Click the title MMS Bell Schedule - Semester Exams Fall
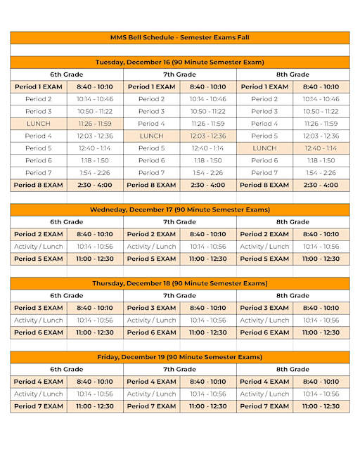point(180,37)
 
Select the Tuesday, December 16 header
point(180,62)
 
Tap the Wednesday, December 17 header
point(180,209)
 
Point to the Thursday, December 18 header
point(180,283)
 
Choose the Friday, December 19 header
point(180,357)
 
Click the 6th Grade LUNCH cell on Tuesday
point(39,124)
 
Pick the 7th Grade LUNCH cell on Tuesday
point(151,136)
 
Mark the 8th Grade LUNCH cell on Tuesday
point(264,148)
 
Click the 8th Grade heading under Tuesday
point(292,75)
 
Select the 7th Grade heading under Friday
point(180,369)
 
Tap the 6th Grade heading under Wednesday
point(67,222)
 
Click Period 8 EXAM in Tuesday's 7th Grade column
point(151,185)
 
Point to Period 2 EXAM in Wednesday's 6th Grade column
point(39,234)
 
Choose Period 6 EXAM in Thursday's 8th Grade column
point(264,332)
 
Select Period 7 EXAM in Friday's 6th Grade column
point(39,406)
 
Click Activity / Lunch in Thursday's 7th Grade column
point(151,321)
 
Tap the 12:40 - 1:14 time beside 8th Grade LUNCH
point(321,148)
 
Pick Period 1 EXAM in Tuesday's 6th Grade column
point(39,86)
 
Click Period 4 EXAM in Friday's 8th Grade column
point(264,382)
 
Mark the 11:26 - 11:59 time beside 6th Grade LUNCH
point(95,124)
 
